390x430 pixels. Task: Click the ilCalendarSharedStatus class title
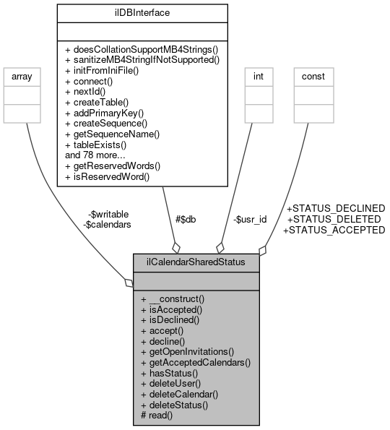tap(196, 262)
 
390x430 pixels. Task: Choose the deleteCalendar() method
tap(180, 394)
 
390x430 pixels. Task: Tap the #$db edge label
tap(186, 220)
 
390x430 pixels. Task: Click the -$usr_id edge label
tap(249, 219)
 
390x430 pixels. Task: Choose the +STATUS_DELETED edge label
tap(334, 219)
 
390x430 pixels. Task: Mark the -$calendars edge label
tap(107, 225)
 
